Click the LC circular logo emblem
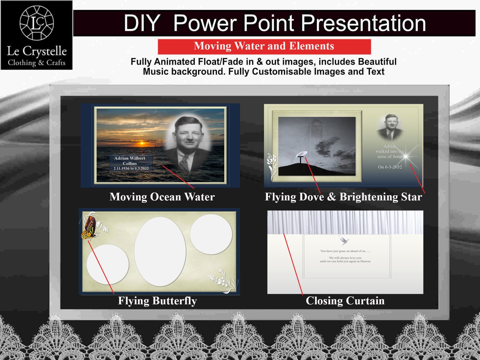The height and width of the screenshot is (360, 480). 37,23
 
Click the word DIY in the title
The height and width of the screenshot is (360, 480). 142,23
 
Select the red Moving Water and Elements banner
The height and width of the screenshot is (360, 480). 264,46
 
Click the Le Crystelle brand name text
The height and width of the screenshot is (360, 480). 37,51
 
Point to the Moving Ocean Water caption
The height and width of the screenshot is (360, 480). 162,197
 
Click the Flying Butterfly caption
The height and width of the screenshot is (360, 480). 157,301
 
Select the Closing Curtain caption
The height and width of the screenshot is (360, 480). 345,301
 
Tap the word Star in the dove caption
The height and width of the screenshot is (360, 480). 412,197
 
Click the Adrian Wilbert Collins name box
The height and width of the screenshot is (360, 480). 130,163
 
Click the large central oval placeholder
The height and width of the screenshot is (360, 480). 160,251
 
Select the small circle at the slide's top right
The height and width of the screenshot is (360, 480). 211,234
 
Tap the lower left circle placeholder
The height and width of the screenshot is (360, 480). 107,264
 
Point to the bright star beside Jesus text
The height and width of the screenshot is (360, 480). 406,156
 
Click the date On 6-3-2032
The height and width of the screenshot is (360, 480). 390,167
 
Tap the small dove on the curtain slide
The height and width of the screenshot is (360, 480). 344,240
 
